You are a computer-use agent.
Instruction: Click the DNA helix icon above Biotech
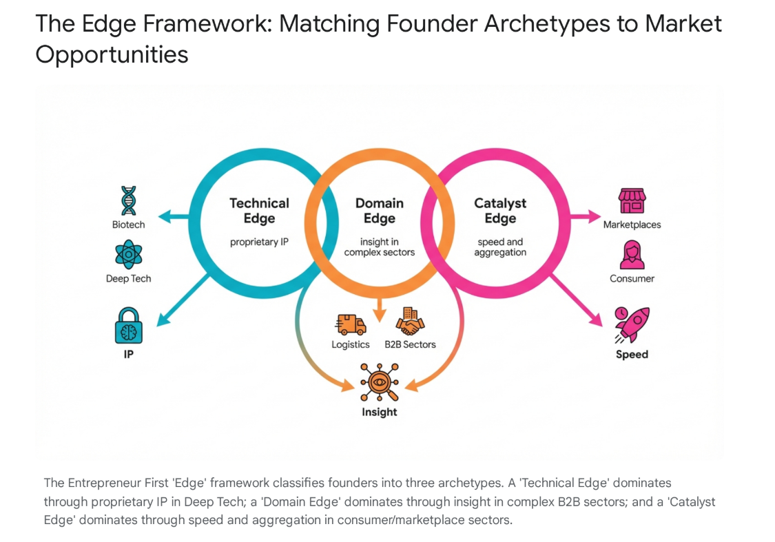coord(129,200)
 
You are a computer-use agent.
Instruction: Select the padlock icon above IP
coord(129,325)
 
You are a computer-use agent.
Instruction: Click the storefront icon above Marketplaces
coord(632,200)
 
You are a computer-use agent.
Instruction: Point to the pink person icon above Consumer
coord(632,255)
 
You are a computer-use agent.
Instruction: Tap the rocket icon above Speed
coord(632,325)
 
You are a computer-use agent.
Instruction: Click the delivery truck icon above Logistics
coord(351,323)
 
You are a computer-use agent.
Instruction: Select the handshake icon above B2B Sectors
coord(410,322)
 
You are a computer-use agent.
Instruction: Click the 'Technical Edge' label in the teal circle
coord(259,211)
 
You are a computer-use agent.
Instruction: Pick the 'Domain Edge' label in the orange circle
coord(379,211)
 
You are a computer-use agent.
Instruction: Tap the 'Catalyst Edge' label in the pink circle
coord(500,211)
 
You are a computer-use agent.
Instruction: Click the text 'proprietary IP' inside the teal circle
coord(259,242)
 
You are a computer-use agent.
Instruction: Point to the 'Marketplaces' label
coord(632,225)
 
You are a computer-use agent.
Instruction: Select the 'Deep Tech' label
coord(129,279)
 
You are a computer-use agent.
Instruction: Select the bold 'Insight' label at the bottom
coord(379,412)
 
